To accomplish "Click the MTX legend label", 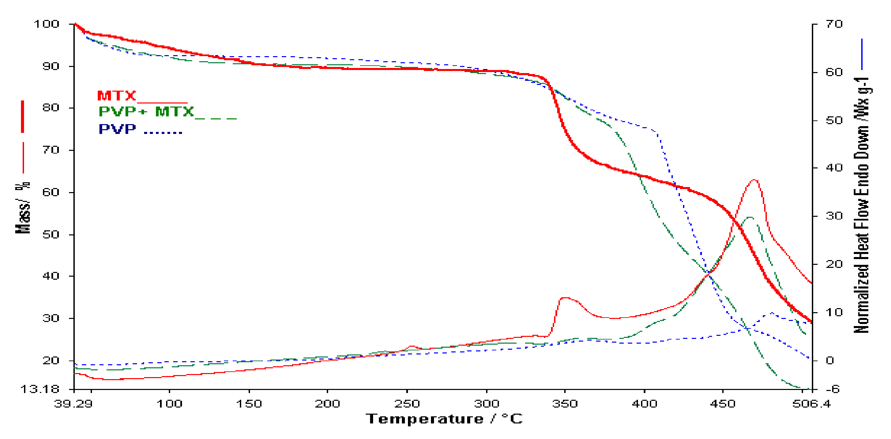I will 117,95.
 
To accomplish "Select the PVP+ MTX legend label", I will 146,112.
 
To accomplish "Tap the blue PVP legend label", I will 117,129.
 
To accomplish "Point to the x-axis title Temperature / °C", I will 444,419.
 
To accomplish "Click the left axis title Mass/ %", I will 23,208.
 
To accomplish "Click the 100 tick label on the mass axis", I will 46,24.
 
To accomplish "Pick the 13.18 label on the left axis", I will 40,389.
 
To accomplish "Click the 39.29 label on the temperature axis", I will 73,404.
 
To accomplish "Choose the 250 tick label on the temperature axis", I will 407,404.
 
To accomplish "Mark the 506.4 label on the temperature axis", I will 812,404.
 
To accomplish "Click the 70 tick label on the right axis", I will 833,24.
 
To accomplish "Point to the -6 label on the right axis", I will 833,389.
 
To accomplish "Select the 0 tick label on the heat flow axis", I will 830,361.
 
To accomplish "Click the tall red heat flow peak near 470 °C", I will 754,180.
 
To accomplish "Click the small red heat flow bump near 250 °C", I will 412,346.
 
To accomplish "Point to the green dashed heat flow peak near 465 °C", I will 750,217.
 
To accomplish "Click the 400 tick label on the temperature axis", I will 644,404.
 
